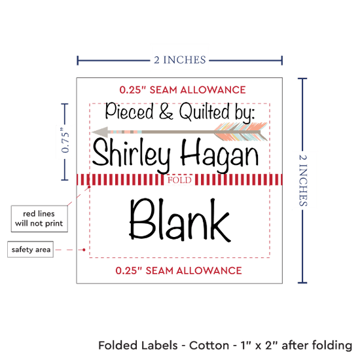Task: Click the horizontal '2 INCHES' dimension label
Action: (x=180, y=60)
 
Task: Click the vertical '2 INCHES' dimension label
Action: (x=303, y=180)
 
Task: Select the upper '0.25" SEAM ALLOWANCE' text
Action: (x=183, y=90)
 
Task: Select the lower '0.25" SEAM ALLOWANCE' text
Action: (x=179, y=270)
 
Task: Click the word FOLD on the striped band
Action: (x=179, y=180)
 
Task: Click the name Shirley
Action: (x=132, y=154)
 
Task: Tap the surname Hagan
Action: (x=219, y=154)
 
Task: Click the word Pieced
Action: (x=129, y=111)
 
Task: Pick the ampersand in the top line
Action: (x=166, y=111)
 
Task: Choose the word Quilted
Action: (x=204, y=111)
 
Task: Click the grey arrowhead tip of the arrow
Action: (x=92, y=132)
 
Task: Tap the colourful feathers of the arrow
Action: (x=241, y=132)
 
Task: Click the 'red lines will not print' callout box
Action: (x=39, y=219)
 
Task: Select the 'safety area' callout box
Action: (x=31, y=249)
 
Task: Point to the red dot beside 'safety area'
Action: (x=84, y=249)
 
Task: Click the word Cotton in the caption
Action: (x=209, y=346)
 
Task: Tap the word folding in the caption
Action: (x=333, y=346)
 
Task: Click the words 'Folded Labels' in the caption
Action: (x=138, y=346)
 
